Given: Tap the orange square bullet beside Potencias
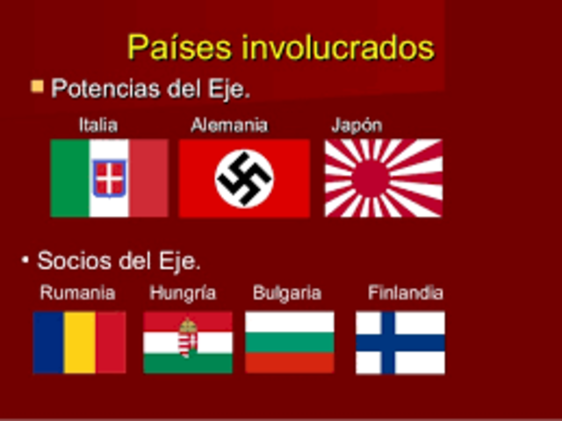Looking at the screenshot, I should pos(37,86).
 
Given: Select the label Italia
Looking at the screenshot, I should pos(97,125).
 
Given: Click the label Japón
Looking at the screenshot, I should pos(357,125).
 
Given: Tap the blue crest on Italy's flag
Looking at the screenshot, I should pos(110,178).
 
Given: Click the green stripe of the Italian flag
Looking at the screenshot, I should pos(69,178).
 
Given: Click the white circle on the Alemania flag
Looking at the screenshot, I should pos(244,178).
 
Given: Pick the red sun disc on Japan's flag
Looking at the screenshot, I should pos(370,178).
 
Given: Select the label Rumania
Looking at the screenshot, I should pos(77,294).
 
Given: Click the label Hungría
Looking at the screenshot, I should pos(183,294).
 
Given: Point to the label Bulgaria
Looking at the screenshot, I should pos(287,294).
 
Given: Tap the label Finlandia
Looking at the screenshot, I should pos(405,294).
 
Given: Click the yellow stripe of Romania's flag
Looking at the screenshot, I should pos(80,343).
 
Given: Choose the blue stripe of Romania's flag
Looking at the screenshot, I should pos(48,343).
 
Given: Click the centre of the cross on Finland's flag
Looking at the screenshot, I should pos(387,343).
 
